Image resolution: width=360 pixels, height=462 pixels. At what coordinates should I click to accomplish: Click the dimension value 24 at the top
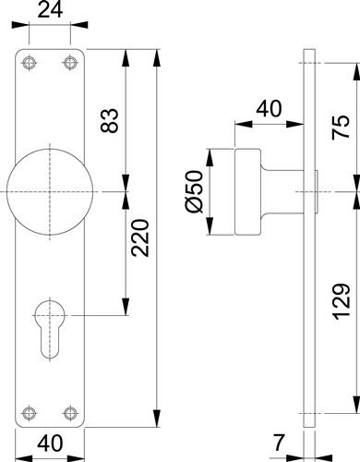click(x=50, y=10)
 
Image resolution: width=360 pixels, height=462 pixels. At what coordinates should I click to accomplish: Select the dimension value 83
click(x=110, y=120)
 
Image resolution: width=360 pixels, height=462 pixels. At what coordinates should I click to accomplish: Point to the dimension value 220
click(x=140, y=237)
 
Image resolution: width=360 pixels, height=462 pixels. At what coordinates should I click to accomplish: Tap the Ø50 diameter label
click(x=195, y=191)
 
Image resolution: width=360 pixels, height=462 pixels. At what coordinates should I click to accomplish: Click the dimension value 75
click(x=341, y=127)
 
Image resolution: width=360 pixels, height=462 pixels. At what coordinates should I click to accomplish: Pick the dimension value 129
click(x=341, y=301)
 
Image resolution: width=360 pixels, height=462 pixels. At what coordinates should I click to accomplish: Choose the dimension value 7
click(x=279, y=443)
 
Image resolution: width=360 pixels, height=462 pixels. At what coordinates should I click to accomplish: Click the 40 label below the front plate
click(x=50, y=444)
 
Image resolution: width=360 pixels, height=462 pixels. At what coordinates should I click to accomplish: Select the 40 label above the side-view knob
click(x=269, y=108)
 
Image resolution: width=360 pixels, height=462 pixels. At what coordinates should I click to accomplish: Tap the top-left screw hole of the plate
click(x=29, y=63)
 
